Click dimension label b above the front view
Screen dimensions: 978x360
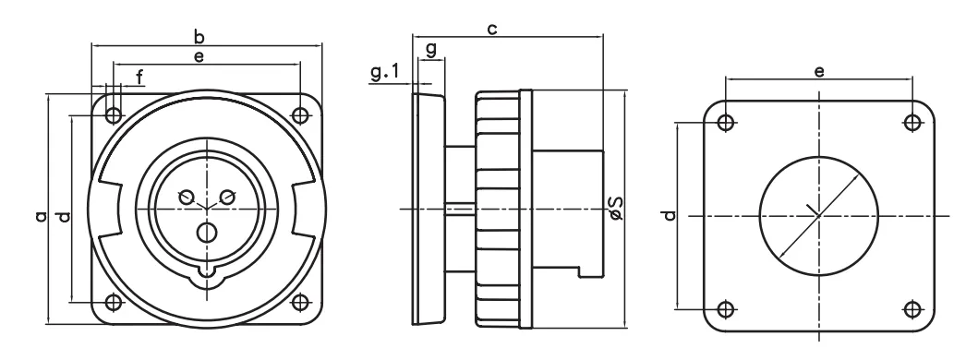pos(199,36)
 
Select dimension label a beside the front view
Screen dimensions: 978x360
pos(42,217)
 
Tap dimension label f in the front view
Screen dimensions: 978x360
pos(139,77)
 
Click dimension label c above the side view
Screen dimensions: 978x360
pos(492,29)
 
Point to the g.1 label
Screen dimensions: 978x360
pos(385,72)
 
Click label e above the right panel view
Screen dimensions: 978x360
pos(819,72)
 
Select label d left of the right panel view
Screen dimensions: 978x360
pos(670,215)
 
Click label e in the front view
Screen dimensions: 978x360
pos(199,57)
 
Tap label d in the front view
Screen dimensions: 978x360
pos(64,217)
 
